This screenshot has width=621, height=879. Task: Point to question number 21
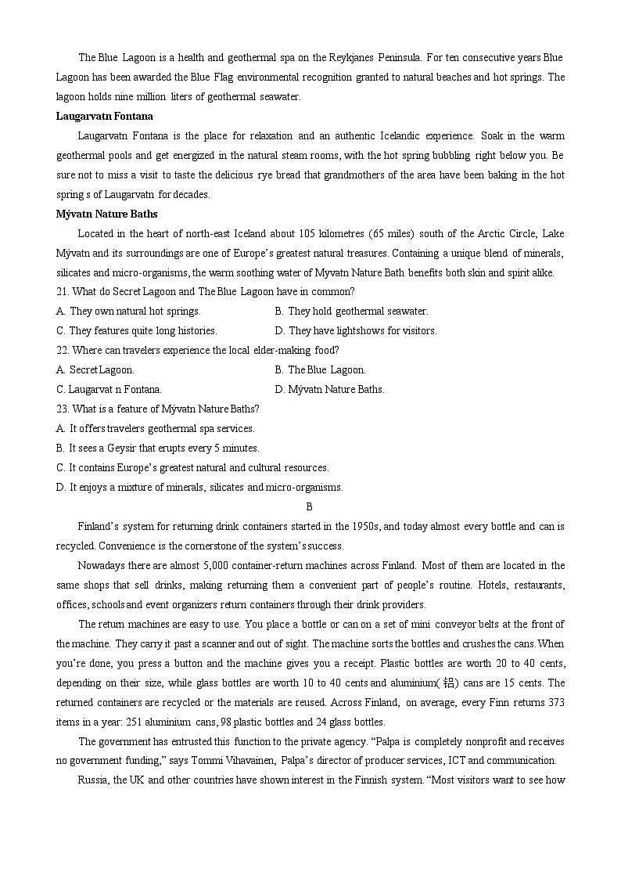point(63,291)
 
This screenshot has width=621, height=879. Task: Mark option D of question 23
point(199,487)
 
